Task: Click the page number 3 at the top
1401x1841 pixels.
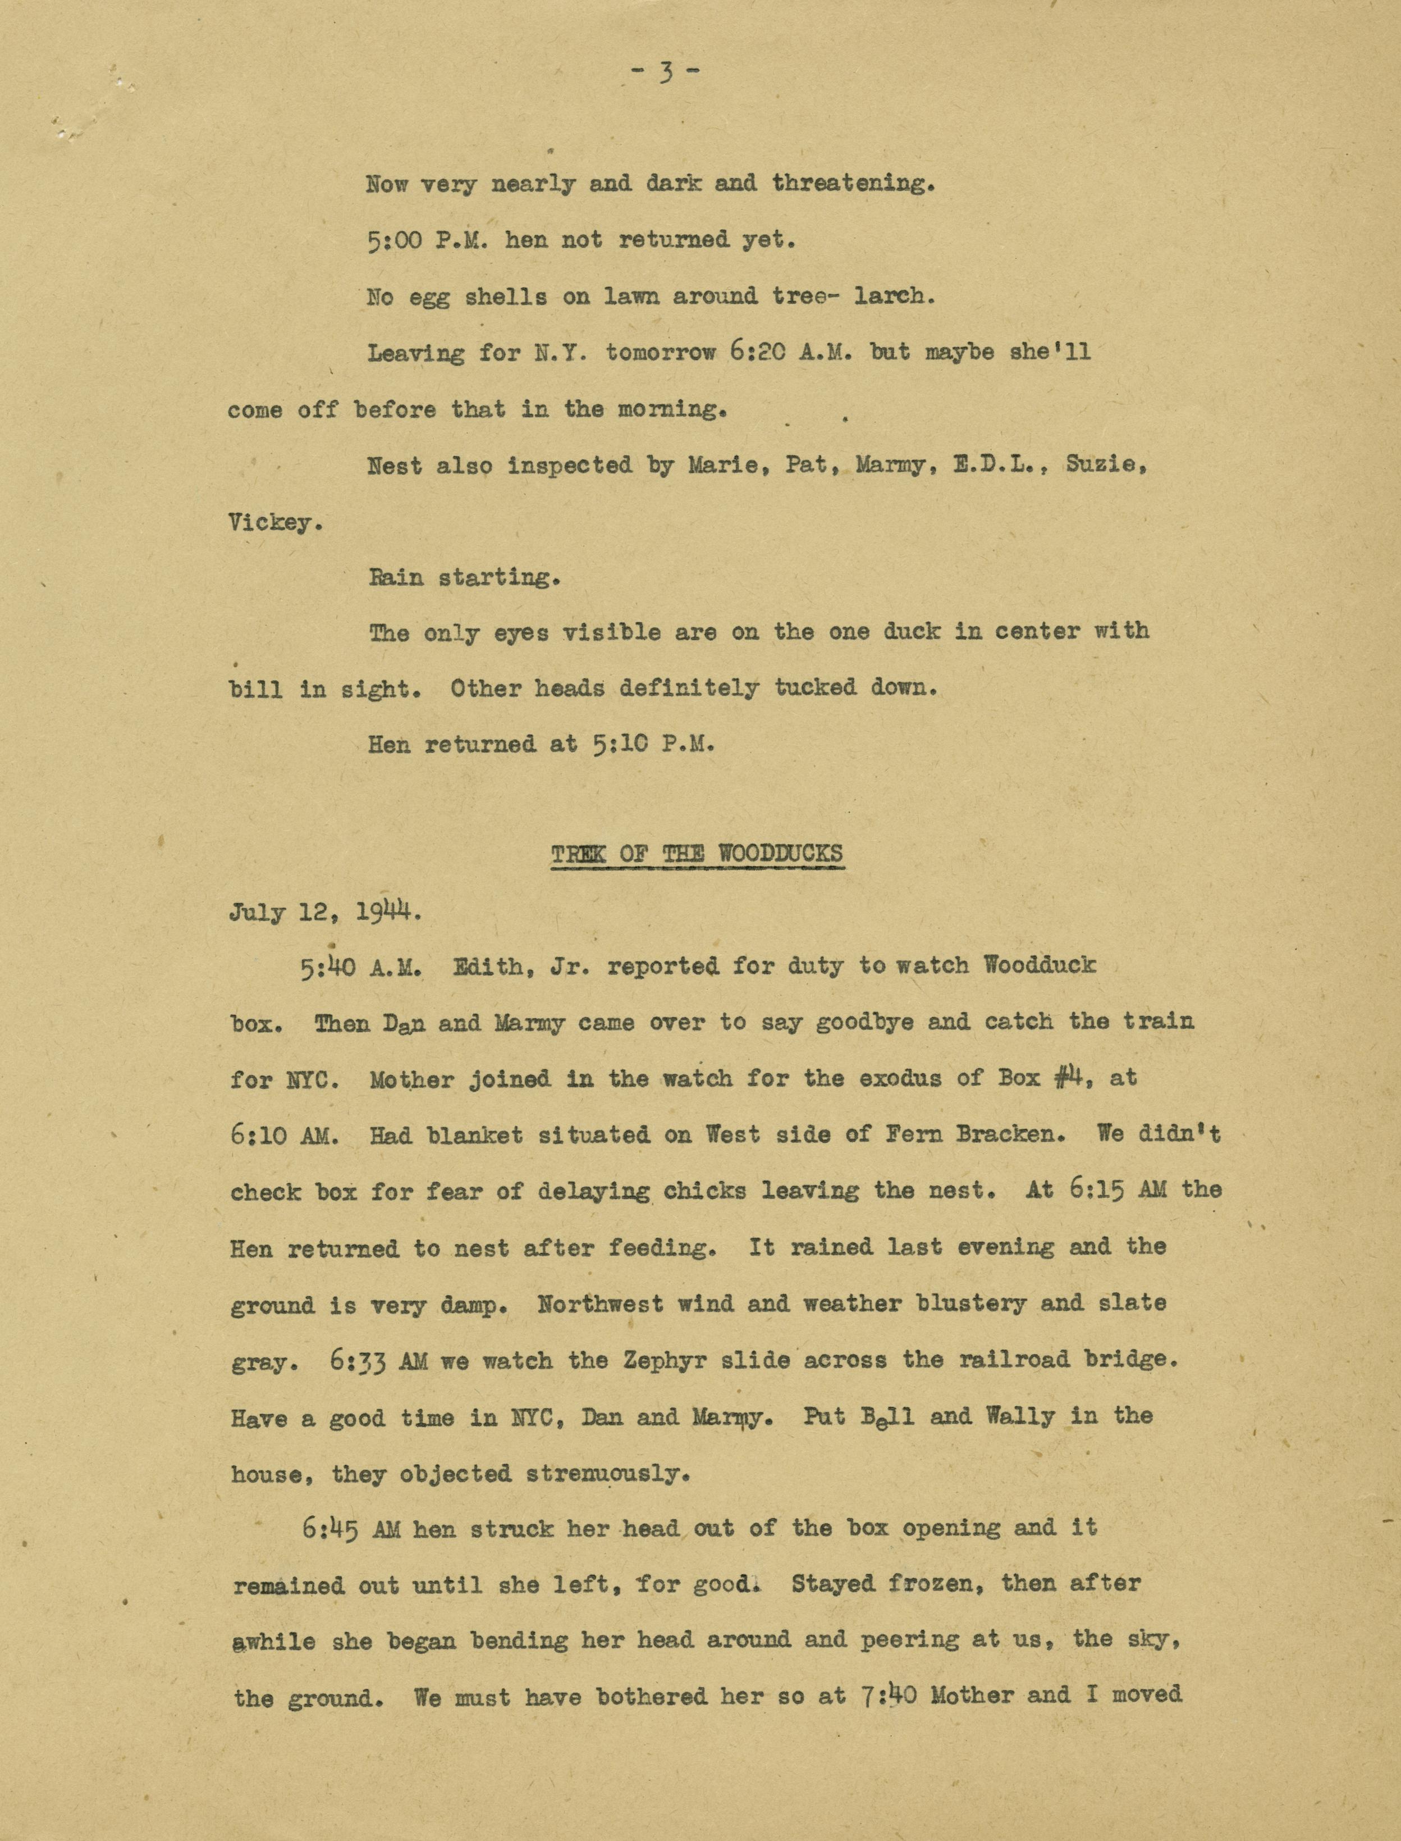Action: [664, 74]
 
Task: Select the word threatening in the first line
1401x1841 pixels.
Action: [849, 184]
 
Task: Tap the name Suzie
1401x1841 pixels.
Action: [1104, 466]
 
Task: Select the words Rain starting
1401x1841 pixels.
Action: [464, 577]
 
